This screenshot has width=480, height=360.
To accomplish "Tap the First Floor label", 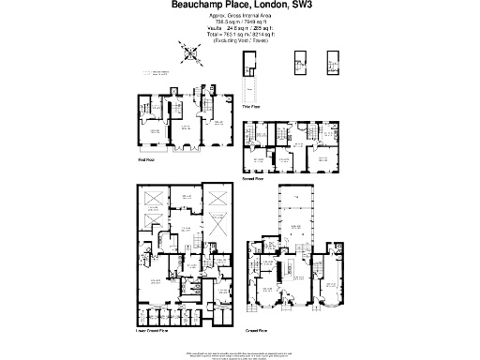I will [145, 158].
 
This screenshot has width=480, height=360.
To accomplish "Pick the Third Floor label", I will [252, 108].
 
